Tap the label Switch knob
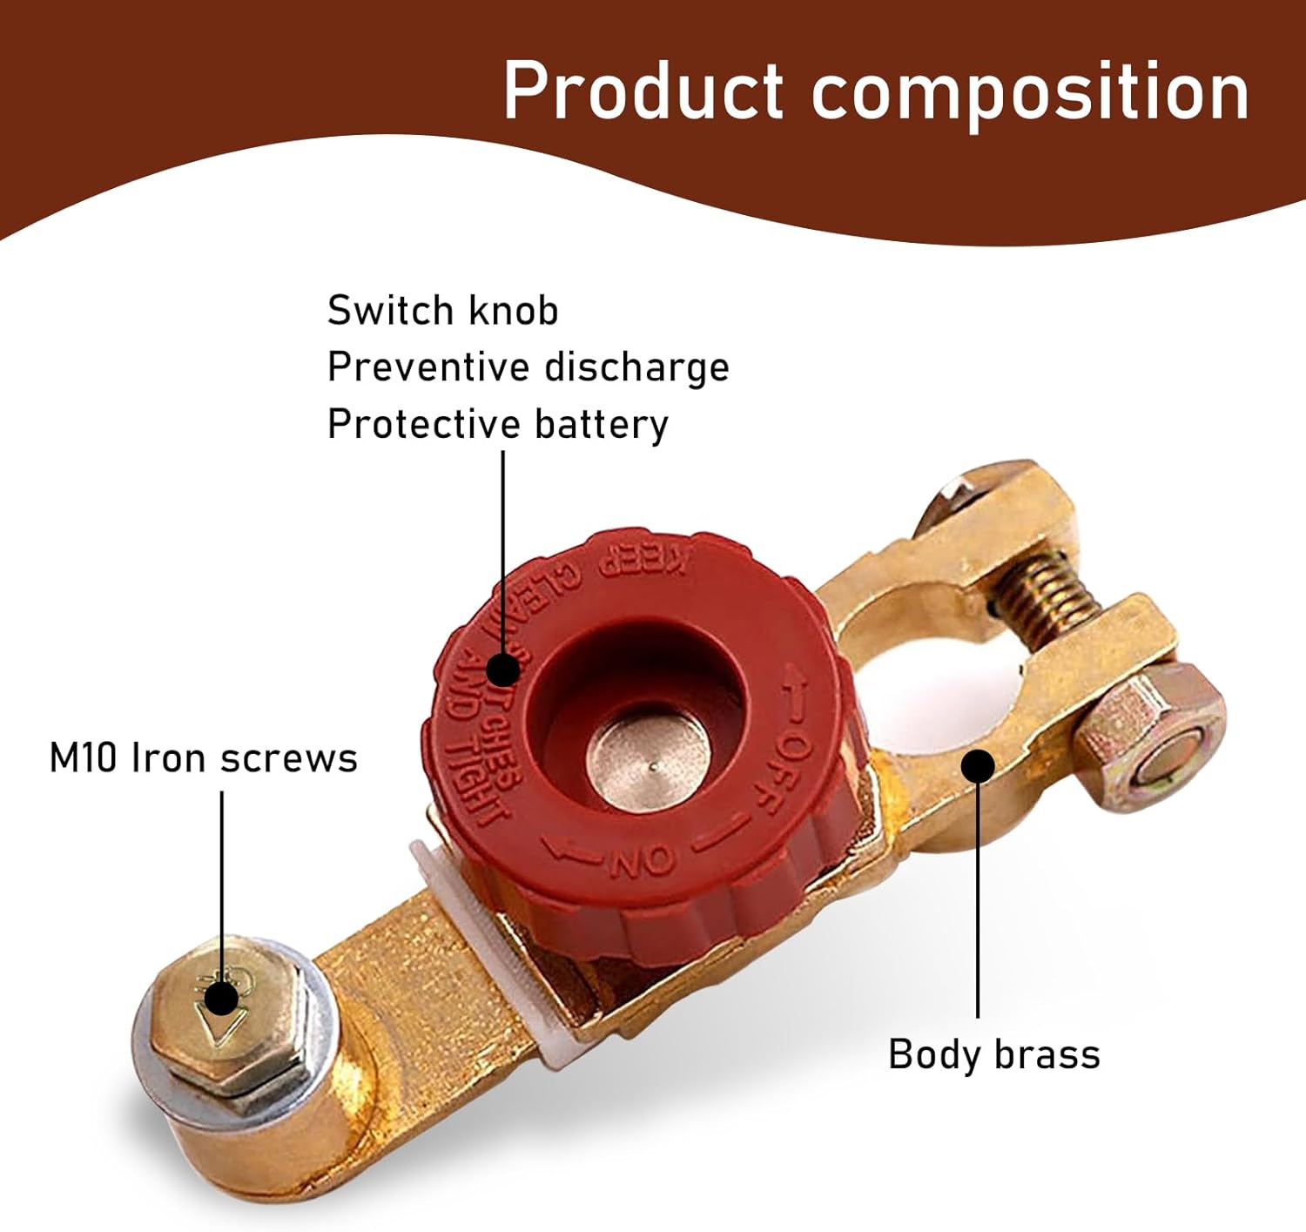tap(442, 311)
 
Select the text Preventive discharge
tap(528, 367)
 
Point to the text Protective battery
tap(497, 424)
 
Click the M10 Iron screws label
tap(203, 757)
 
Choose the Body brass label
tap(993, 1054)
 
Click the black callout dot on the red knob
tap(502, 670)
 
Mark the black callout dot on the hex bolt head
tap(223, 998)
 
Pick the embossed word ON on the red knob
tap(643, 860)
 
